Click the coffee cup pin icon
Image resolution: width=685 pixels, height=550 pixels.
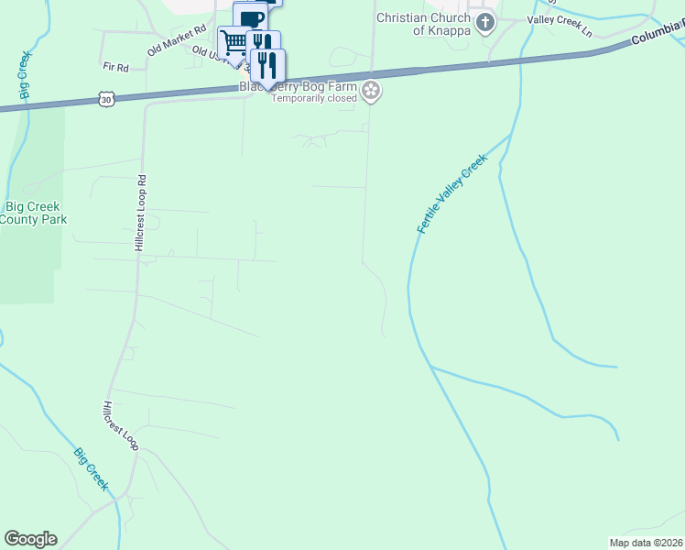[250, 18]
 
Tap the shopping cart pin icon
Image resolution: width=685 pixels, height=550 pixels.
[234, 41]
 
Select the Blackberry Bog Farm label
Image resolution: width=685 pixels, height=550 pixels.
[298, 86]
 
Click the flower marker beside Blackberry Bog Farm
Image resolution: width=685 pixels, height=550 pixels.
[371, 89]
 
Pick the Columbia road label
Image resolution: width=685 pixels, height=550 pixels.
[657, 39]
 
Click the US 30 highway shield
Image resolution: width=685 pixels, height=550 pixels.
[107, 97]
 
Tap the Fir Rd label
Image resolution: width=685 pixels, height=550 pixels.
[115, 67]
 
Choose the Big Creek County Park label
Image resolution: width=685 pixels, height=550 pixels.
[33, 213]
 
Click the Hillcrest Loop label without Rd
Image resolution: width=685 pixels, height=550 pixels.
[120, 425]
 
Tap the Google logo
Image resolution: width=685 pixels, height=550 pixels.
[30, 539]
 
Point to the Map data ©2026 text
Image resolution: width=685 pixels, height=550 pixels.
[646, 543]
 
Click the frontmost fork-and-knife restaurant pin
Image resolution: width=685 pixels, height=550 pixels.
[268, 64]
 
